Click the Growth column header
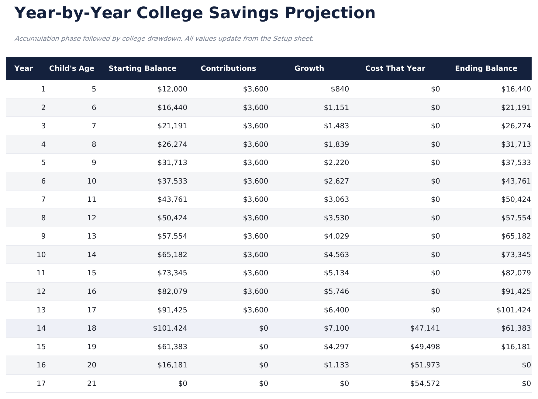coord(309,68)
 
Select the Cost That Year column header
coord(395,68)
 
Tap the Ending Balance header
coord(486,68)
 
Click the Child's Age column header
coord(72,68)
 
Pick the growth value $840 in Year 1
coord(340,89)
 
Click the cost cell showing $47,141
coord(425,328)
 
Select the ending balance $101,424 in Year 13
coord(514,310)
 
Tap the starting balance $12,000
coord(172,89)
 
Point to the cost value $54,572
coord(425,384)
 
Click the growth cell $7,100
coord(336,328)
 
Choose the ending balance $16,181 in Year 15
coord(516,347)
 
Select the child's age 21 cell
coord(91,384)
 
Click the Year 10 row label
coord(41,255)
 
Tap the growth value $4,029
coord(336,236)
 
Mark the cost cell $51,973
coord(425,365)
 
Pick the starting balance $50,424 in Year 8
coord(172,218)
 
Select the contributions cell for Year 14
coord(264,328)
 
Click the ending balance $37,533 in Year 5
coord(516,163)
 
